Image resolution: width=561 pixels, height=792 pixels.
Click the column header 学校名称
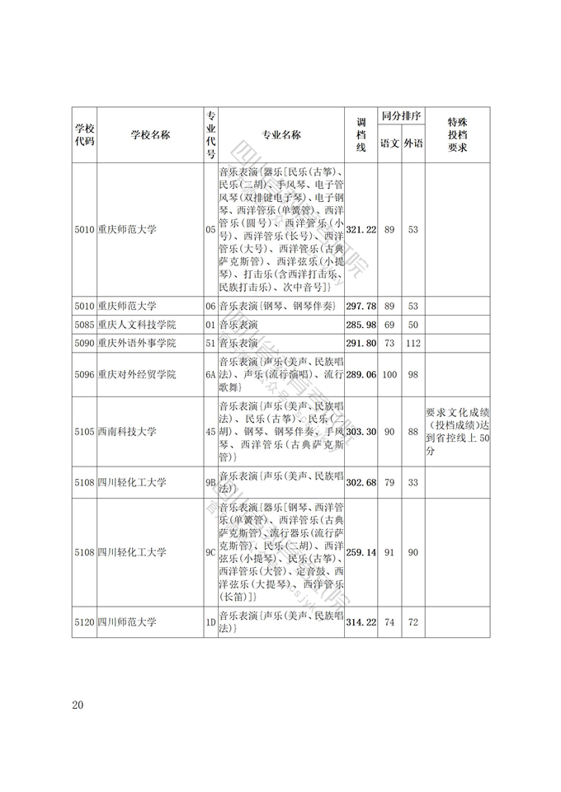click(x=149, y=136)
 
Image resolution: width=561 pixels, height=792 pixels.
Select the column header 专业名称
click(x=280, y=136)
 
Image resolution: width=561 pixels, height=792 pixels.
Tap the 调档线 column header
click(x=361, y=135)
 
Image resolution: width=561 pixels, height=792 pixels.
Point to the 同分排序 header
click(x=401, y=116)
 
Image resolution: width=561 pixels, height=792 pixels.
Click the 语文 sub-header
click(x=389, y=144)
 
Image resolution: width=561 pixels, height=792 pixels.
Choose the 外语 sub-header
click(x=413, y=144)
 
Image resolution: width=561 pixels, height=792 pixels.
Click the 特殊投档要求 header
click(x=457, y=135)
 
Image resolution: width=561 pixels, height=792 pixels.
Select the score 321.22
click(x=361, y=229)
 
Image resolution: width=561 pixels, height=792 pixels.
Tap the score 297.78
click(x=361, y=306)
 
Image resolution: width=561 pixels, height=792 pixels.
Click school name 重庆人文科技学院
click(x=136, y=324)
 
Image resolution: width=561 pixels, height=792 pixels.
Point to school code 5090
click(x=84, y=343)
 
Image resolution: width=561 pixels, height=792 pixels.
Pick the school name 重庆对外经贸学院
click(x=136, y=375)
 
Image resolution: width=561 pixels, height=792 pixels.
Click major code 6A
click(x=210, y=375)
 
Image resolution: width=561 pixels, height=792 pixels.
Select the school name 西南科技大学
click(x=126, y=432)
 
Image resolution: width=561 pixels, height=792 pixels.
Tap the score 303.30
click(x=361, y=432)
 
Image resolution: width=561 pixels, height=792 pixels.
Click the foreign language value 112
click(x=413, y=343)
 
